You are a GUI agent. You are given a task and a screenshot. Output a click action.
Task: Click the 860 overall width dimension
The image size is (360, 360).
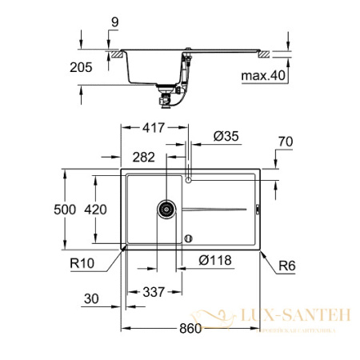pos(190,329)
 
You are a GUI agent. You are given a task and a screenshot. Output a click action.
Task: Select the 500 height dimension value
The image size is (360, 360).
pos(65,209)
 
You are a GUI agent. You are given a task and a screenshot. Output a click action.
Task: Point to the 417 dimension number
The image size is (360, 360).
pos(157,126)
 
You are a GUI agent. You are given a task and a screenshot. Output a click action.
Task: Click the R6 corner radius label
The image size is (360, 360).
pos(288,263)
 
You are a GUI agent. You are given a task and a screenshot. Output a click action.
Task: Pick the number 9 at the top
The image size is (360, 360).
pos(115,23)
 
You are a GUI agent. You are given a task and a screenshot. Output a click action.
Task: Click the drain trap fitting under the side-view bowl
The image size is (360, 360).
pos(166,98)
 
